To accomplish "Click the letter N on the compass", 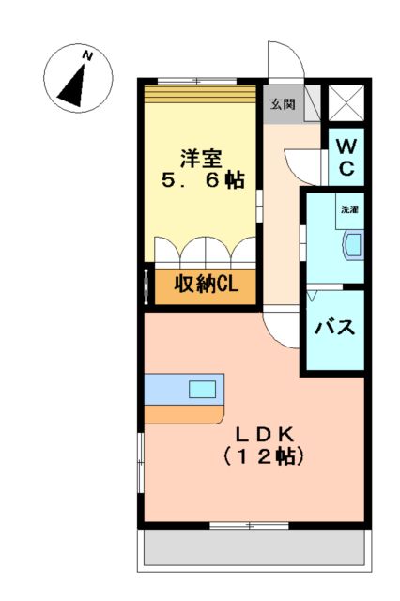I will click(87, 55).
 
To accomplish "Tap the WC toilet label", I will click(346, 157).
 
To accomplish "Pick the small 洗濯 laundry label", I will click(348, 209).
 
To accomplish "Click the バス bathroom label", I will click(333, 328).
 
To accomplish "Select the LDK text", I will click(266, 434).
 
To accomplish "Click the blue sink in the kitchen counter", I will click(202, 389).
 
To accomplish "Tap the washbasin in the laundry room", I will click(352, 245).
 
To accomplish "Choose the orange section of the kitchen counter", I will click(184, 413).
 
